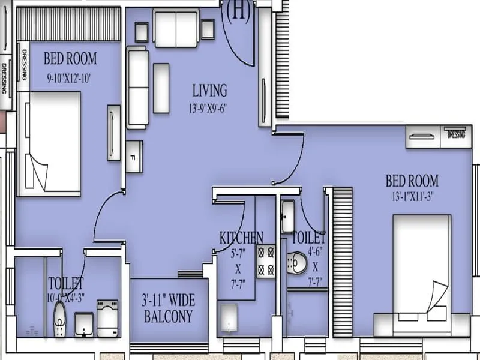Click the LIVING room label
coord(209,91)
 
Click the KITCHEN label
coord(241,236)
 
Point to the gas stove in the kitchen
coord(266,260)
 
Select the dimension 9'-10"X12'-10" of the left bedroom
coord(70,77)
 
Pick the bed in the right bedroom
coord(421,267)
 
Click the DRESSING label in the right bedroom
coord(456,135)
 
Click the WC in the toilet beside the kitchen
coord(297,262)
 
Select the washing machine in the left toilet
coord(107,318)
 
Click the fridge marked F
coord(134,157)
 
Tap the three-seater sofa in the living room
coord(137,87)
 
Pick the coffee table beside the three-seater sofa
coord(161,88)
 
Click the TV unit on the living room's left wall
coord(113,133)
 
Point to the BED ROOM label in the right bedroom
coord(412,181)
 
